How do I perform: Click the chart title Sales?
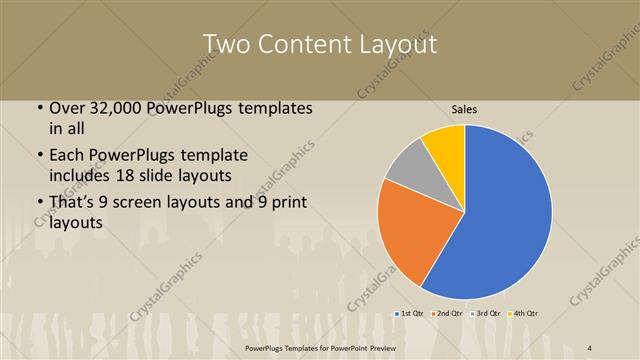point(464,108)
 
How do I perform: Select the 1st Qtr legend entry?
point(410,313)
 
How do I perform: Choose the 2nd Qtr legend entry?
point(448,313)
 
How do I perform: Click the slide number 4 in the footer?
point(589,347)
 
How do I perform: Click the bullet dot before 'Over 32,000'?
point(39,107)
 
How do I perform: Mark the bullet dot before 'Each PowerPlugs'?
point(39,156)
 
